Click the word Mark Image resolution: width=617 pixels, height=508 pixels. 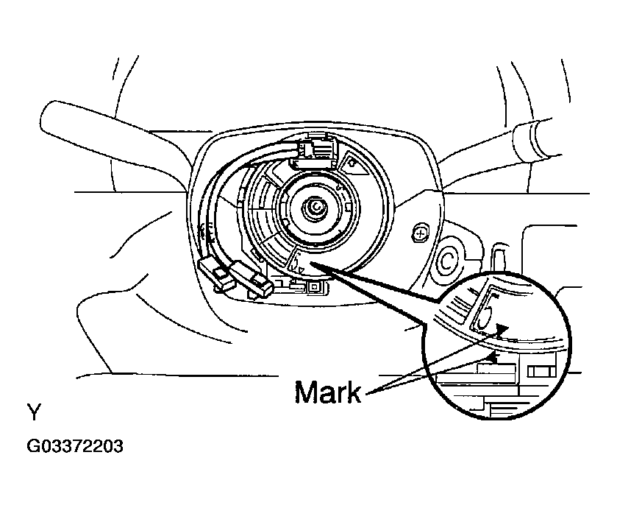click(x=328, y=392)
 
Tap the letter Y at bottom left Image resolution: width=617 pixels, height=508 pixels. click(x=34, y=412)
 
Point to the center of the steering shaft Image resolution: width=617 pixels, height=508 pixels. click(x=317, y=208)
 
